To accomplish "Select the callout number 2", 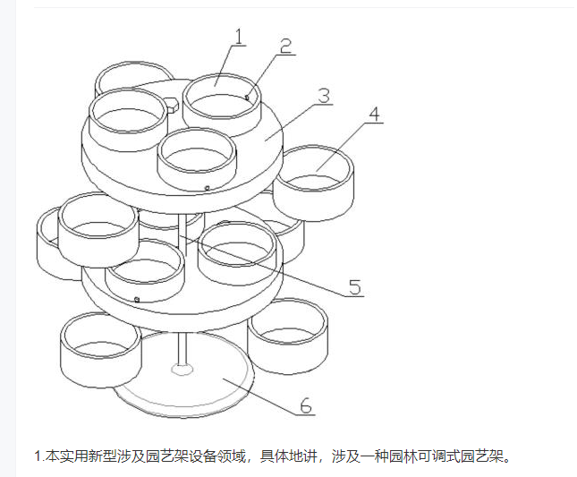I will point(286,47).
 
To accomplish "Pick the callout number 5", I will point(354,286).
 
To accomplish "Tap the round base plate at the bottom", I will point(224,385).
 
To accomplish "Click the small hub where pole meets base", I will point(183,368).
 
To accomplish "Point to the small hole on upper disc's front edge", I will point(208,188).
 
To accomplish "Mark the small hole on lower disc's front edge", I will point(136,298).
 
